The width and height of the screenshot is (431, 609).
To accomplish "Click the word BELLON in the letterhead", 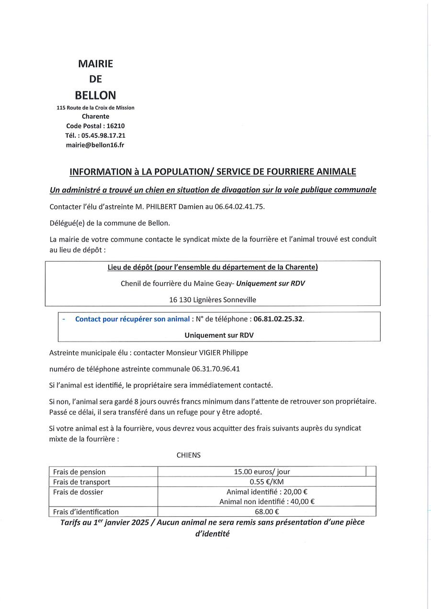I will click(95, 95).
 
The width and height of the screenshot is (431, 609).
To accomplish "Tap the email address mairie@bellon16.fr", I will click(95, 144).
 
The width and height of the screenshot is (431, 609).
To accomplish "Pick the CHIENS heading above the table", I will click(189, 455).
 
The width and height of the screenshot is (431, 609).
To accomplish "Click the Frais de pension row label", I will click(79, 472).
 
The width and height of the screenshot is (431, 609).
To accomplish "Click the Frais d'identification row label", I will click(86, 512).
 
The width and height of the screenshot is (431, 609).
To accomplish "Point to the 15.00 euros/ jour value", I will click(262, 472).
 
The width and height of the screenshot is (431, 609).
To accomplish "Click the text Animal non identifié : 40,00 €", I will click(267, 502).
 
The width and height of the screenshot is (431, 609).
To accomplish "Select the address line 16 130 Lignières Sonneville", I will click(213, 300).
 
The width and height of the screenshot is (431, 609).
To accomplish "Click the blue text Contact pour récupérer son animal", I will click(126, 319).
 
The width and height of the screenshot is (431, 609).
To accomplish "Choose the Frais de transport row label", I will click(82, 482).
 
